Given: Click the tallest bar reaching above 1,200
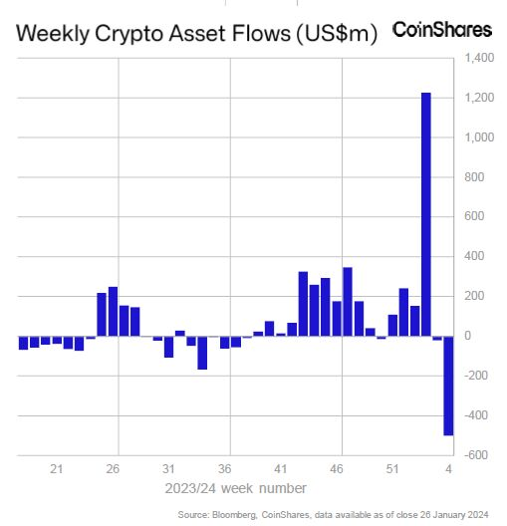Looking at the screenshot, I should [x=425, y=214].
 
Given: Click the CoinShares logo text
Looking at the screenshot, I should [x=442, y=30].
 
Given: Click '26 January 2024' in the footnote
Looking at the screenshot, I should [x=456, y=514].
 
